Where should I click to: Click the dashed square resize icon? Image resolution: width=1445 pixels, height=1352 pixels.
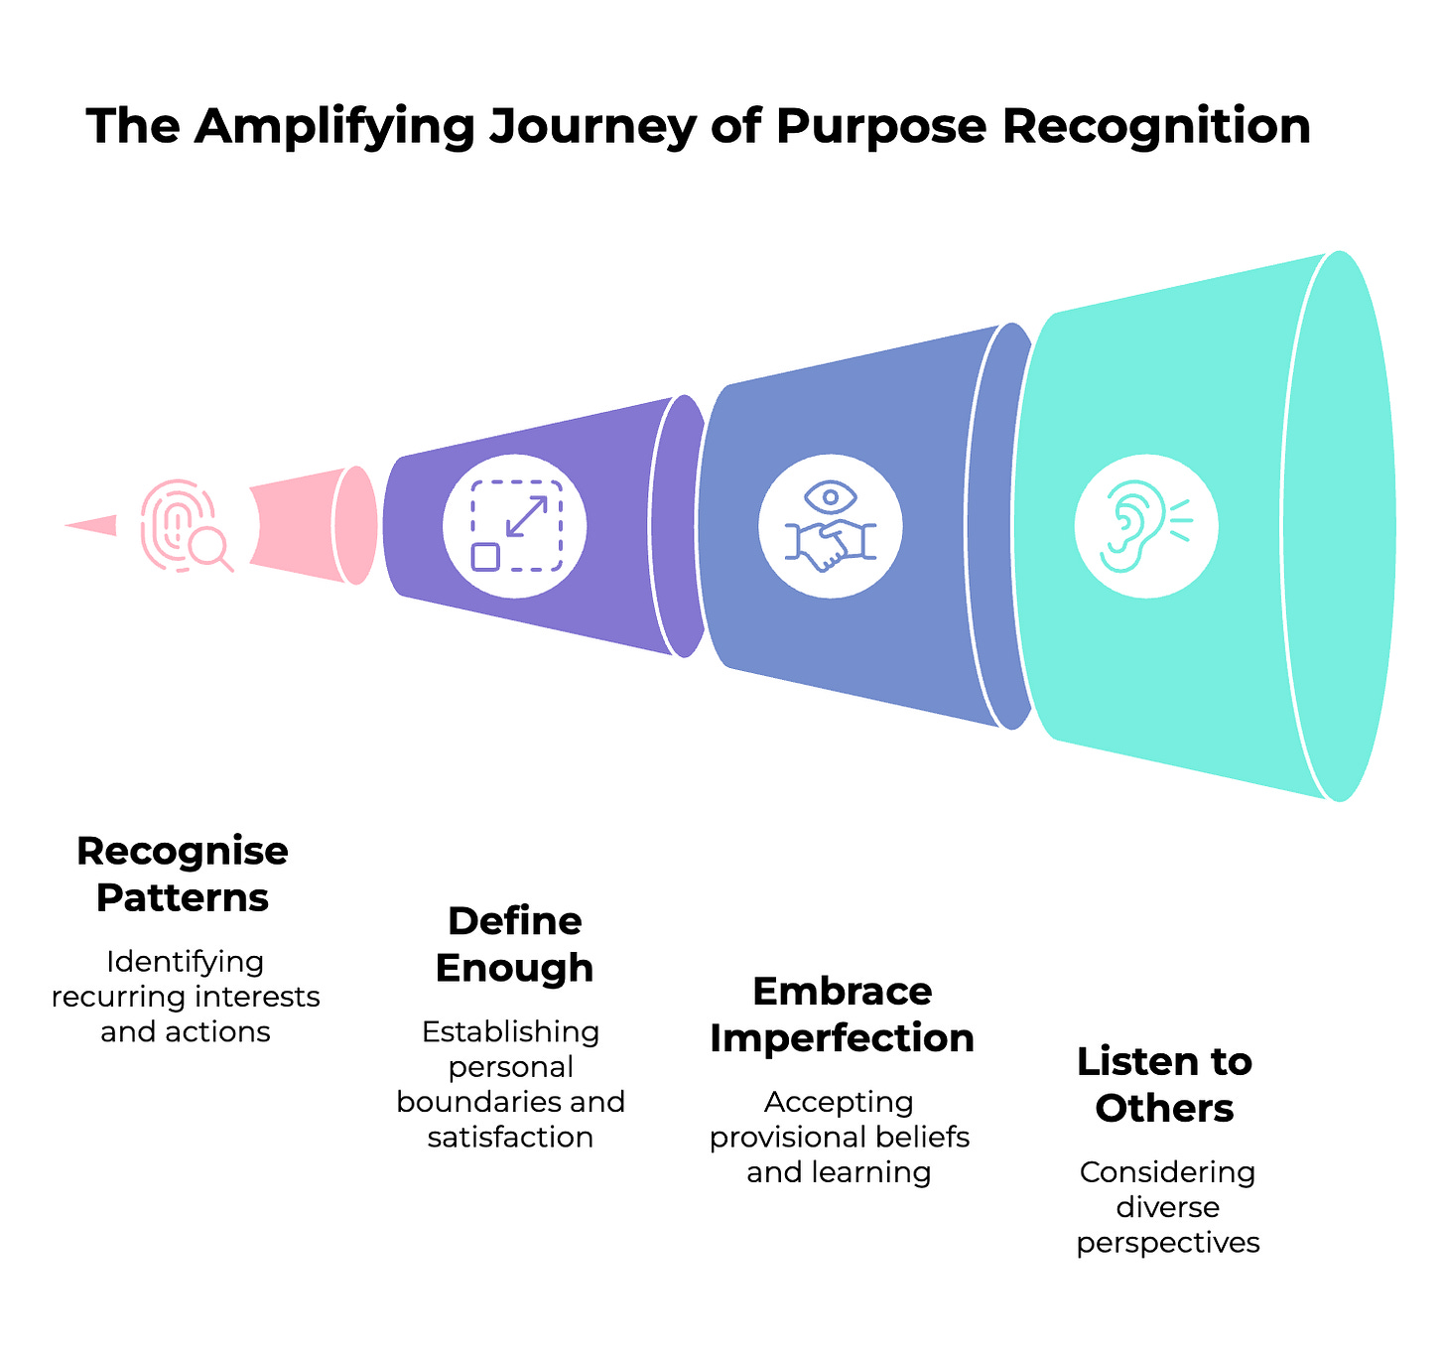515,526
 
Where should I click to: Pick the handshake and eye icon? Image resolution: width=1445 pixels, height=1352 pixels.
831,526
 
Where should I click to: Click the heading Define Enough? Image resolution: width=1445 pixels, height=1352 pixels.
514,944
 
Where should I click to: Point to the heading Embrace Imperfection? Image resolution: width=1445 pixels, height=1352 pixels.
842,1014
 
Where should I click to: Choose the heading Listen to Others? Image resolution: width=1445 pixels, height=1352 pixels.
1164,1085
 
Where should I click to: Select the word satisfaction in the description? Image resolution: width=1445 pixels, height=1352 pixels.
510,1137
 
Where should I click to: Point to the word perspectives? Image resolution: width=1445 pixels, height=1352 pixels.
1168,1243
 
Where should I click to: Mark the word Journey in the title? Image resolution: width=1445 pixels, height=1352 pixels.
591,127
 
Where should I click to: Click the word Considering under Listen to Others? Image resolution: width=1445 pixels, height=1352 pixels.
1167,1172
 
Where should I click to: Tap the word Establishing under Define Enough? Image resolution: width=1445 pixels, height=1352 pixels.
510,1031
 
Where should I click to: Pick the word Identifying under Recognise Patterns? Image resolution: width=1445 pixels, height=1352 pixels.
186,961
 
